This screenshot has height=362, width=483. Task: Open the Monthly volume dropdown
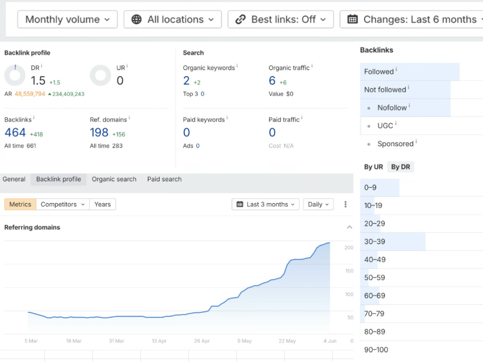point(68,19)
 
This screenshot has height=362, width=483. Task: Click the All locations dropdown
point(172,19)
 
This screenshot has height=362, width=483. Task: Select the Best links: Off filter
point(281,19)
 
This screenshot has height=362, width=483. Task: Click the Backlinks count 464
point(15,133)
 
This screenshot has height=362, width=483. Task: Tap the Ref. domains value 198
point(99,133)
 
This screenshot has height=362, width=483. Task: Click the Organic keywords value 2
point(186,81)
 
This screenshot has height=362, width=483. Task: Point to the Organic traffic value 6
point(272,81)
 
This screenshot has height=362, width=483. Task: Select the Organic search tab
point(114,179)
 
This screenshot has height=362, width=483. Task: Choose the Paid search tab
point(164,179)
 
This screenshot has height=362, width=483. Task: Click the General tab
point(14,179)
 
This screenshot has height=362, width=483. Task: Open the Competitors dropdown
point(62,204)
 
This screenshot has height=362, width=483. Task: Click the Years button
point(102,204)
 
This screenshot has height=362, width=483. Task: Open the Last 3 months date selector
point(266,204)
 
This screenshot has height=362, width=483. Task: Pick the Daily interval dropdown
point(318,204)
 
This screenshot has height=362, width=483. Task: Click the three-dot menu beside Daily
point(345,204)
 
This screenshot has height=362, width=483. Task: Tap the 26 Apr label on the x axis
point(202,341)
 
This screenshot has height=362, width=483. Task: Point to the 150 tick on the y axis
point(349,271)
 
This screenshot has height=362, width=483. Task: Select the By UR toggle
point(373,167)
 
